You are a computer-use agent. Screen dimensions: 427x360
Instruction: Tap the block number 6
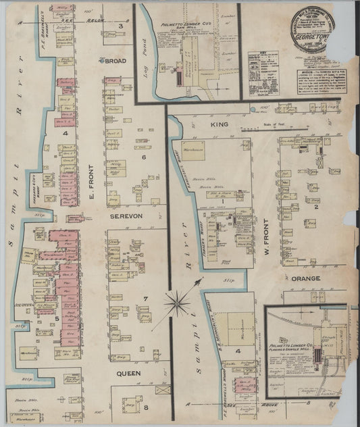pos(143,157)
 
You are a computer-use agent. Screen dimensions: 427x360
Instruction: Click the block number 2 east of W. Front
pos(315,206)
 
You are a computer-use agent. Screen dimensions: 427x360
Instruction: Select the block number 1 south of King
pos(222,201)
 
